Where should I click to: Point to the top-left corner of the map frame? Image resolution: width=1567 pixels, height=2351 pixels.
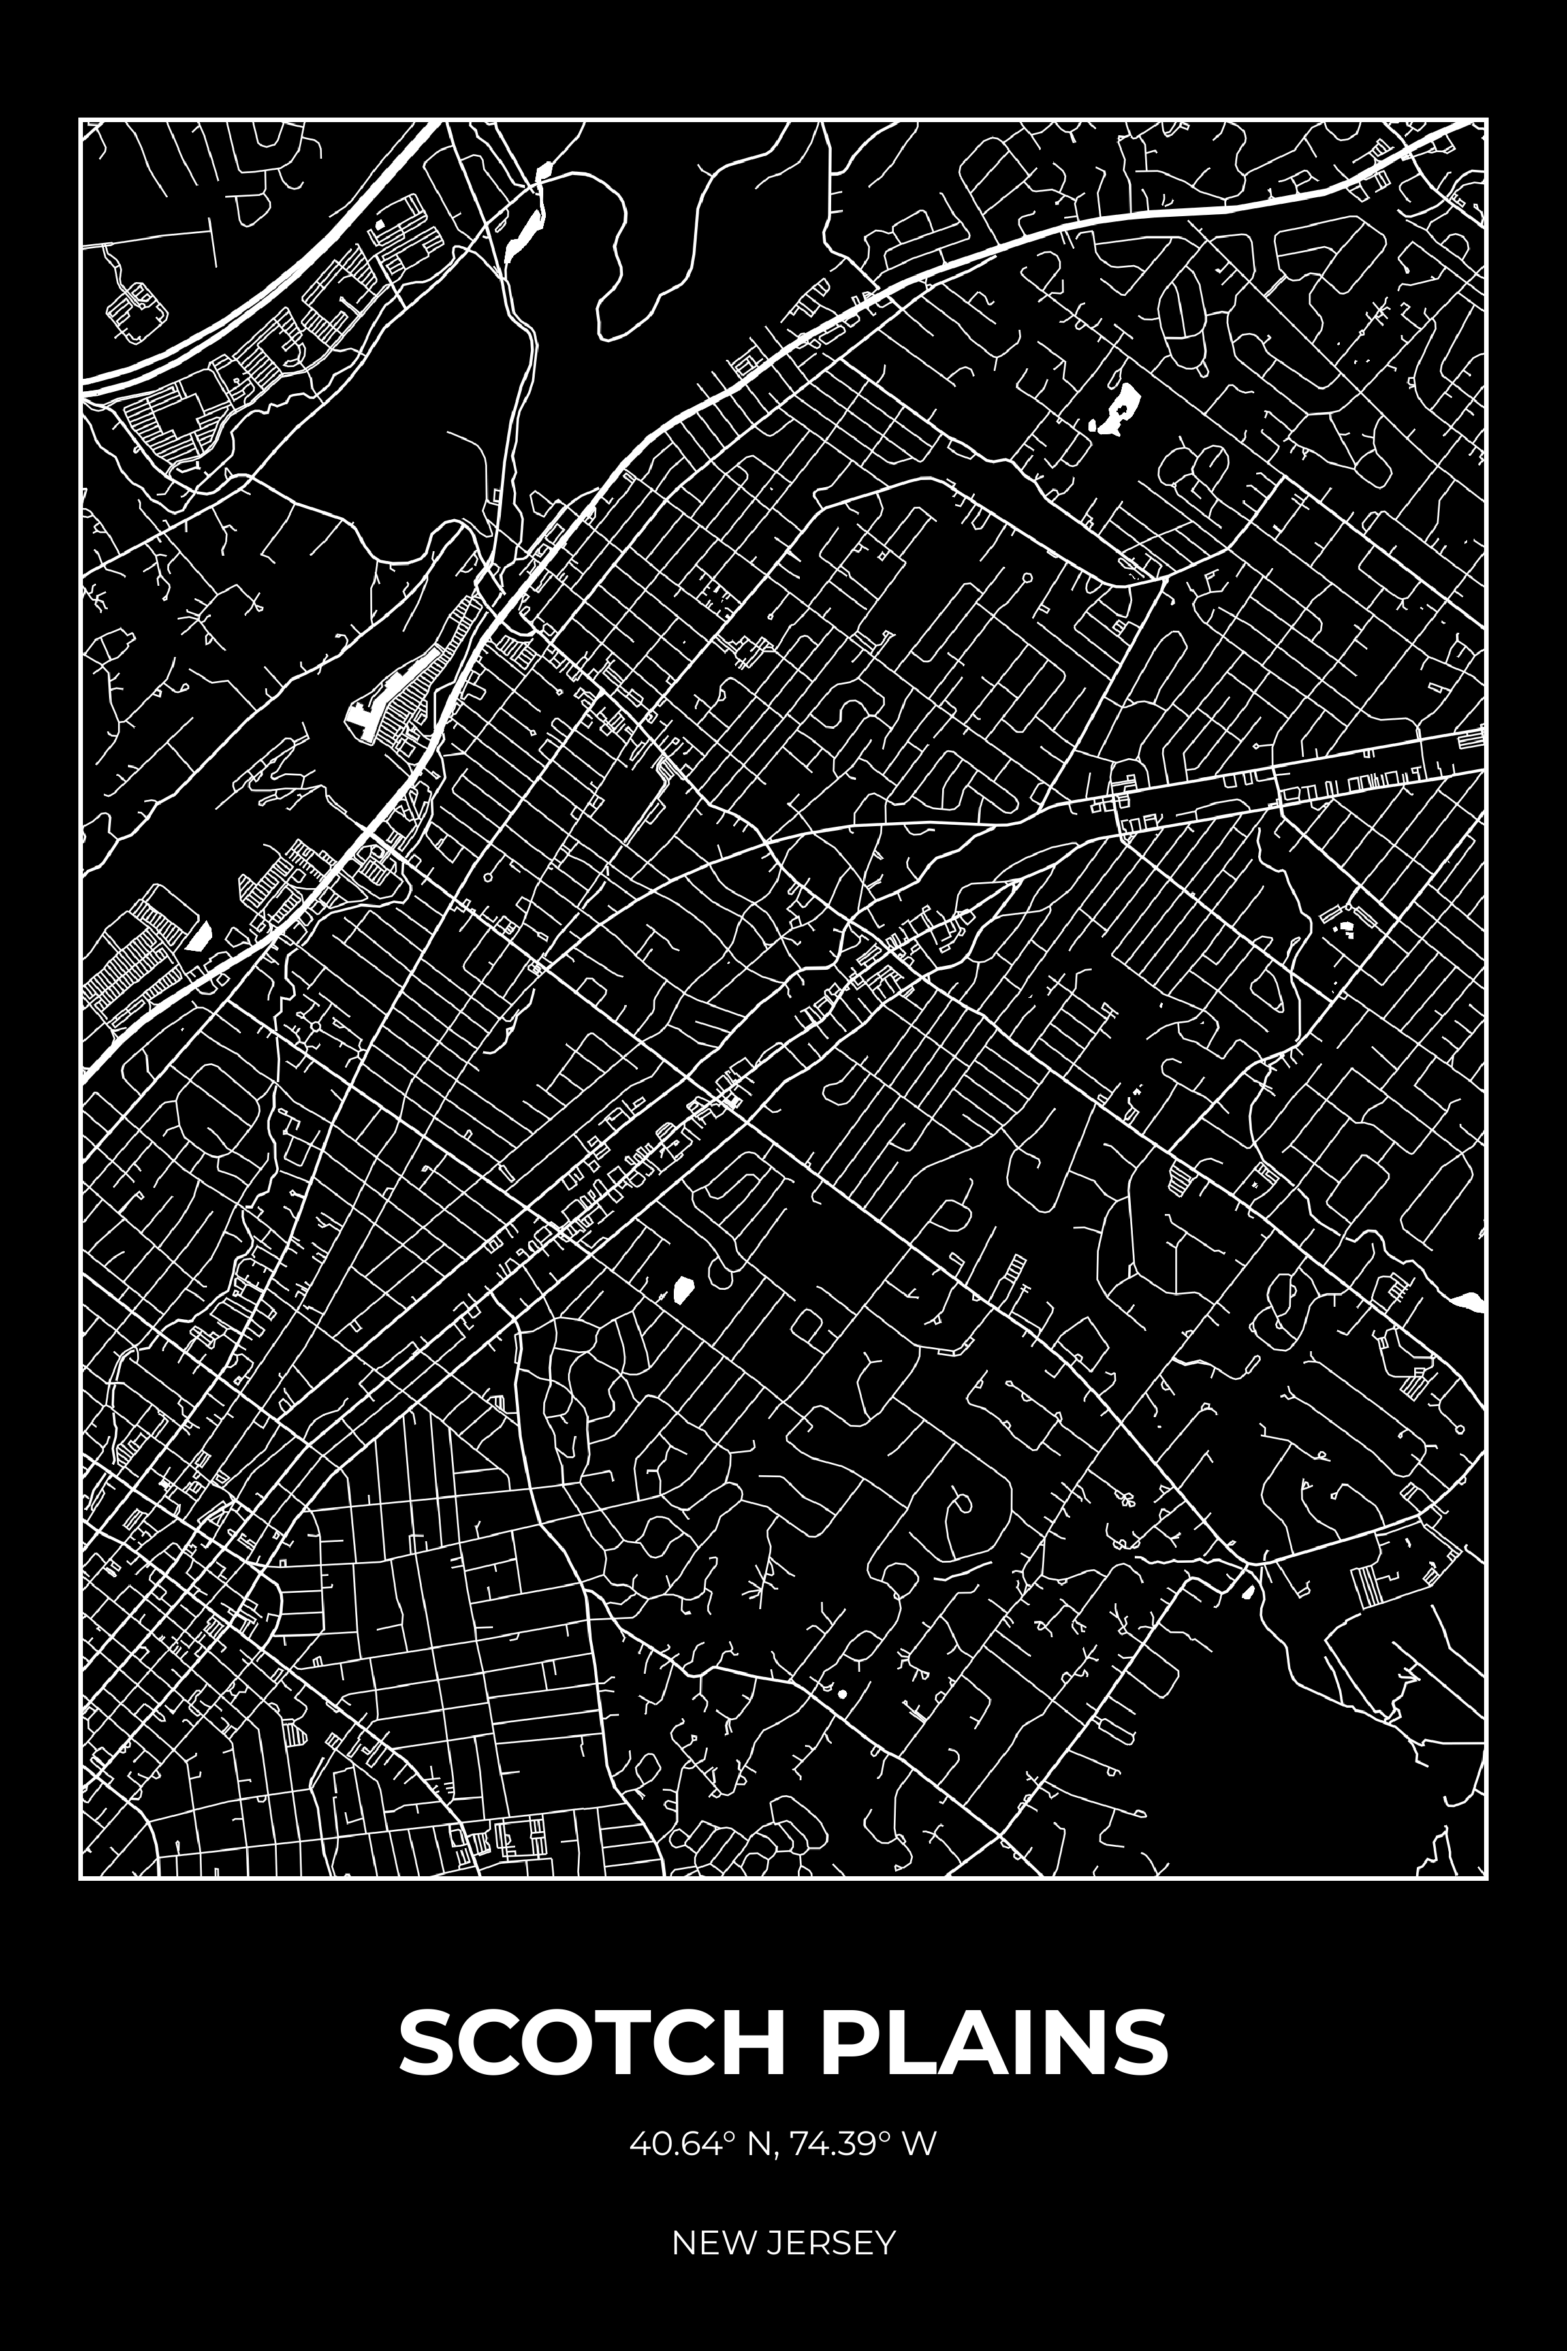click(81, 120)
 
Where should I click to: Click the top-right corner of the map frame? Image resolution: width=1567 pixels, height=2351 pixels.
click(1486, 120)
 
